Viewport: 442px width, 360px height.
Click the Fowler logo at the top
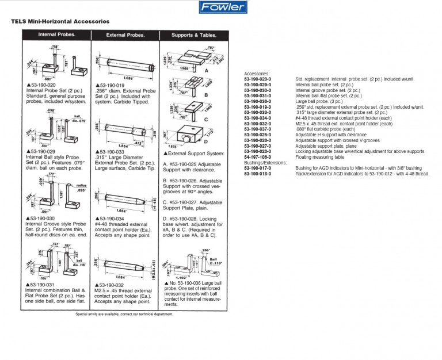click(223, 7)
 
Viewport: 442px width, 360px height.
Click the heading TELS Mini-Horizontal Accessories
click(60, 21)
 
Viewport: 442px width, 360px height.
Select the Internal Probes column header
click(55, 35)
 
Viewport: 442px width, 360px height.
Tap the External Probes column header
click(125, 35)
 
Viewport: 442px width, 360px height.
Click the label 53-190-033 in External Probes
click(112, 151)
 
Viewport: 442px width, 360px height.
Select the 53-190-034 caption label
click(112, 219)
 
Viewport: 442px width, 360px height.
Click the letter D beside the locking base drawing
click(205, 140)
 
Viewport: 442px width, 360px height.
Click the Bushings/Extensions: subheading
click(265, 163)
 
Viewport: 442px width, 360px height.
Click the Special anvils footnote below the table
click(124, 314)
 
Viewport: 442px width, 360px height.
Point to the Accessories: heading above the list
click(257, 74)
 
